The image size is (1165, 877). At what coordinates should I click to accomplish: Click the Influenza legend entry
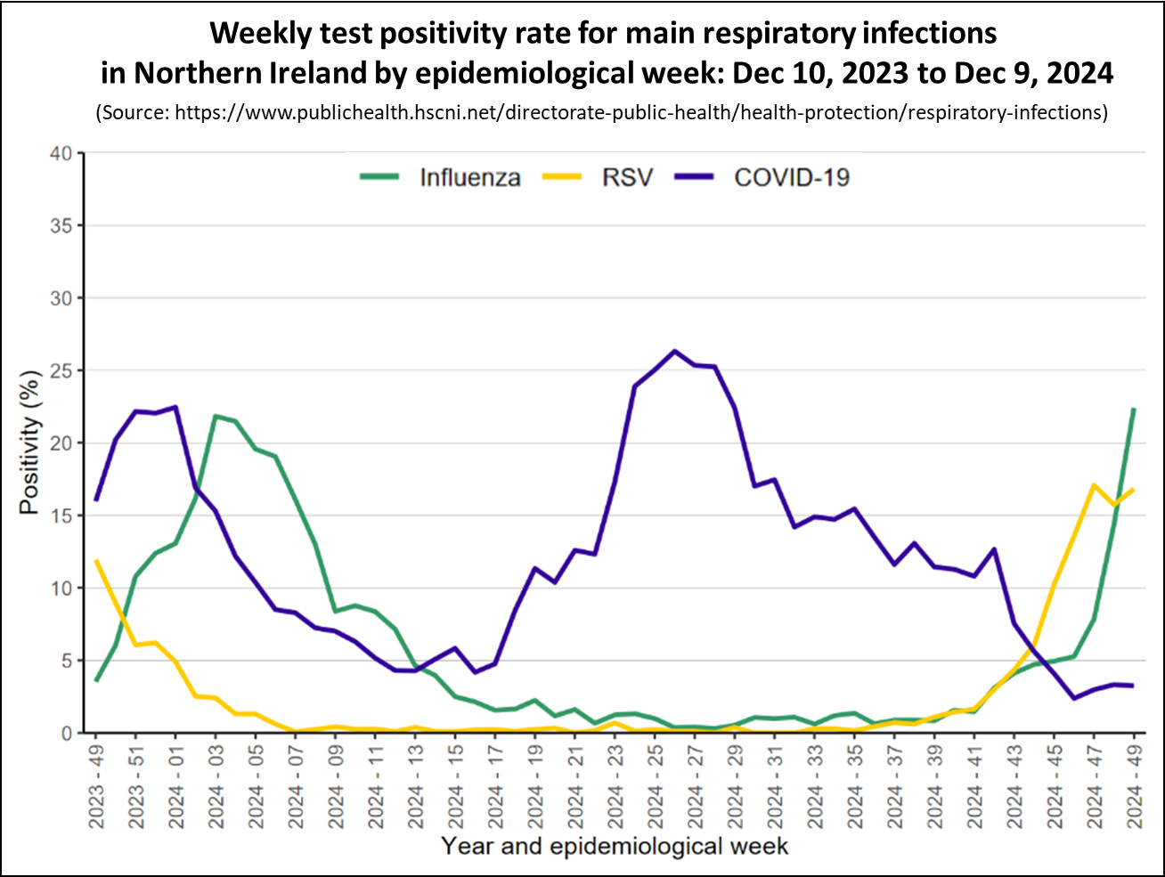tap(469, 177)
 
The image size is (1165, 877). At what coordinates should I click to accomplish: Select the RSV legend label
tap(627, 177)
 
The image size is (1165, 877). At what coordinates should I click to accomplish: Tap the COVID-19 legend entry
tap(791, 177)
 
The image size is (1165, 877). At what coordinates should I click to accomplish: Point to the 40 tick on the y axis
tap(61, 153)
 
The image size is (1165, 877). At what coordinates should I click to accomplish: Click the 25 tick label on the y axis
tap(61, 370)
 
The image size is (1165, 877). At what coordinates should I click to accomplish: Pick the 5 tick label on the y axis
tap(67, 661)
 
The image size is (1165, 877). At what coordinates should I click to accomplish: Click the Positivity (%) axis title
tap(30, 443)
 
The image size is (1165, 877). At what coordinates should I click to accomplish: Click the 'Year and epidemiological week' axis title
tap(615, 846)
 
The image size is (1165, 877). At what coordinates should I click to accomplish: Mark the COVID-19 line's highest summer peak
tap(674, 351)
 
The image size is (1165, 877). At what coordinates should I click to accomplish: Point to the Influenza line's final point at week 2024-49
tap(1133, 409)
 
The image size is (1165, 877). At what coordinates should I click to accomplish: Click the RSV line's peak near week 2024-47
tap(1093, 485)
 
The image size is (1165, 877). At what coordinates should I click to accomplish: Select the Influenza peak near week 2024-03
tap(216, 416)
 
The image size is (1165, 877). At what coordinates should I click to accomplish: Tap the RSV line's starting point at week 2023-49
tap(96, 561)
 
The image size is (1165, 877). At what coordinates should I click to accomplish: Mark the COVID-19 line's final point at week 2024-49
tap(1133, 686)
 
